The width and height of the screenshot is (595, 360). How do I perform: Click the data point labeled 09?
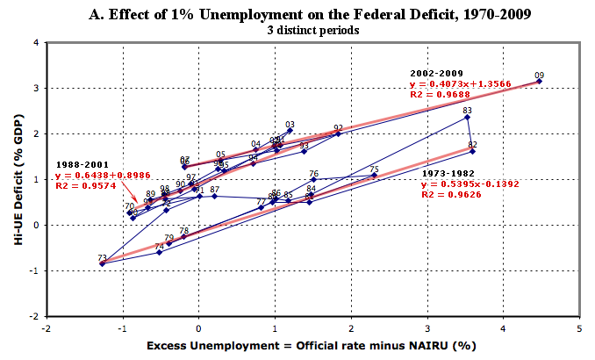click(539, 81)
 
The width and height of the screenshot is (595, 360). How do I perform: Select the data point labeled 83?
click(467, 117)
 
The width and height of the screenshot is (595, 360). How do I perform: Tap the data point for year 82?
click(472, 151)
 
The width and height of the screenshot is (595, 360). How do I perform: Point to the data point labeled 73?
click(102, 263)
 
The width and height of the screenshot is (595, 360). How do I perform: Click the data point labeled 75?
click(374, 176)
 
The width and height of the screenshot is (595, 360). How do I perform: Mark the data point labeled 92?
click(338, 133)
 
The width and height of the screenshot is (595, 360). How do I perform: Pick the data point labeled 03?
click(290, 130)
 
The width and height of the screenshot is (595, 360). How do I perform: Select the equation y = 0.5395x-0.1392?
click(465, 184)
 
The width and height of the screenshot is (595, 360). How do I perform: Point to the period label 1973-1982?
click(448, 174)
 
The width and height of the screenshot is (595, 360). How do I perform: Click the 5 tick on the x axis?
click(579, 328)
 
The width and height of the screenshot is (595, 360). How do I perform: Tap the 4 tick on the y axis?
click(35, 42)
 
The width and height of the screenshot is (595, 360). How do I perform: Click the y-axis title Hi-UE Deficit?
click(17, 178)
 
